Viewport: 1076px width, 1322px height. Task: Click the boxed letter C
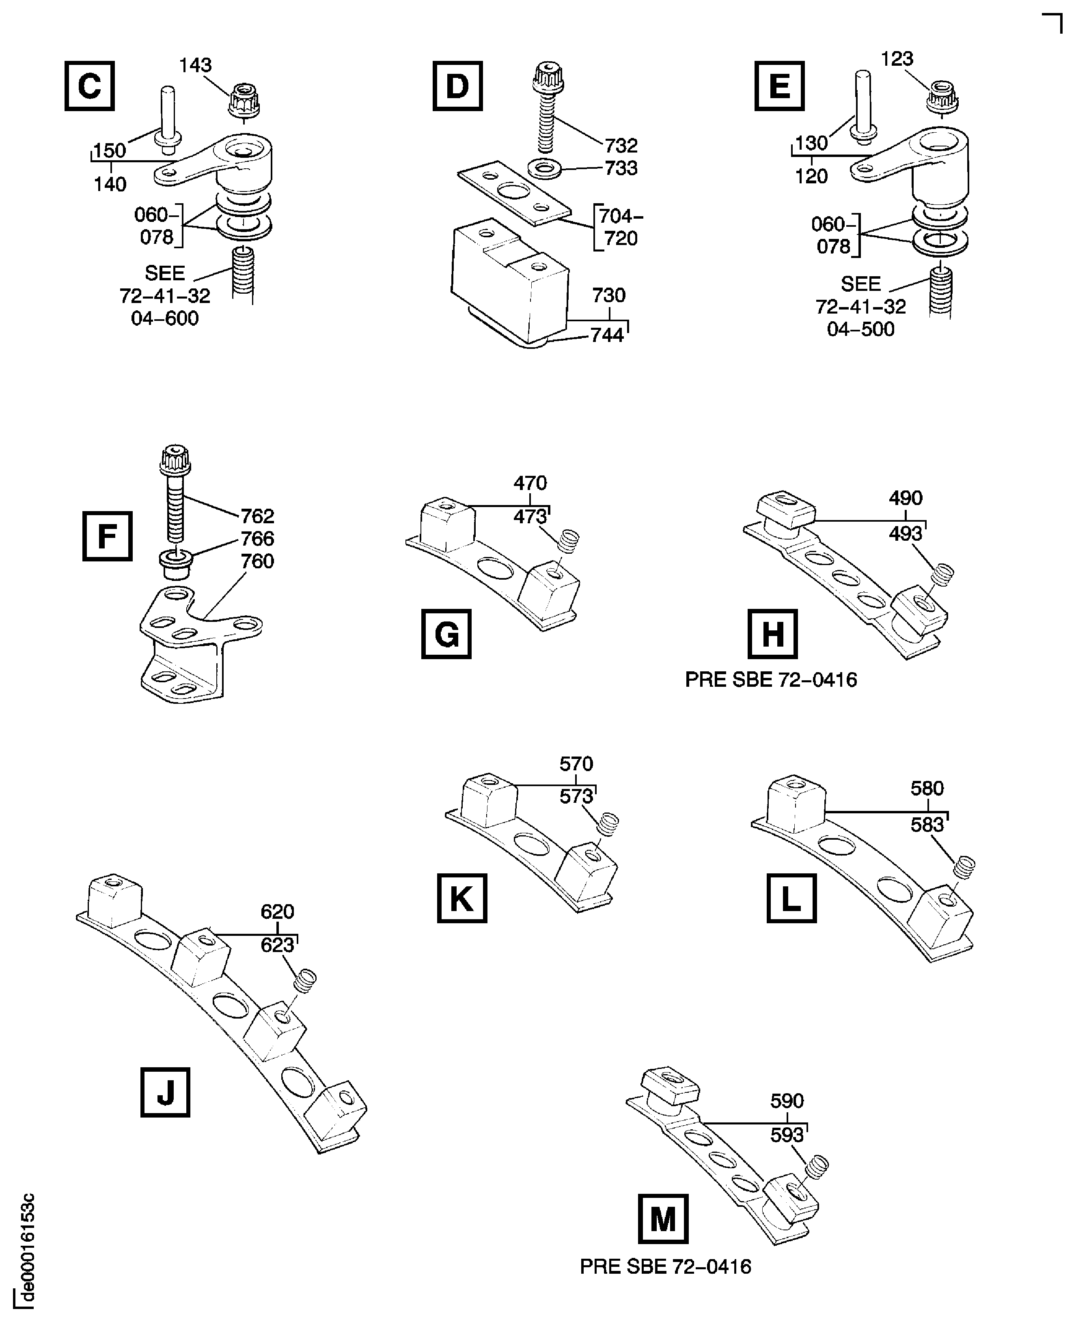click(89, 86)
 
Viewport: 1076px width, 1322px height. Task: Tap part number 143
click(195, 65)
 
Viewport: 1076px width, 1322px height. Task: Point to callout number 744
click(607, 335)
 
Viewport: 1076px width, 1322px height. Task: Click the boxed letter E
click(779, 86)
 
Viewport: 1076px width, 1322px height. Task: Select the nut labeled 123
click(942, 97)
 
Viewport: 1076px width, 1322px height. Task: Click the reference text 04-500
click(860, 329)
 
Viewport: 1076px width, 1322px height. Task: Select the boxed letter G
click(446, 634)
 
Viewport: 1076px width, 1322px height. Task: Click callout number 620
click(277, 911)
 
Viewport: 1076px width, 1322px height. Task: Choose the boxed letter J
click(165, 1092)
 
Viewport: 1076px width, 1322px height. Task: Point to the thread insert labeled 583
click(964, 867)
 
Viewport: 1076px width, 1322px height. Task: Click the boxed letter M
click(662, 1219)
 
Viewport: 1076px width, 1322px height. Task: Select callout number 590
click(787, 1101)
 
